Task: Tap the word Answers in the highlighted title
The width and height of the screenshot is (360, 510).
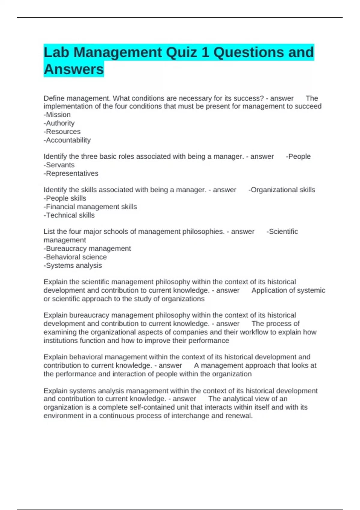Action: [74, 69]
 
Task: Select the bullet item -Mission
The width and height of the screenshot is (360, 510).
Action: [57, 115]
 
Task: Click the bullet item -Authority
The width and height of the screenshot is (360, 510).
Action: [59, 123]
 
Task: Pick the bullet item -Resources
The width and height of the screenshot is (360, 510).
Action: [62, 131]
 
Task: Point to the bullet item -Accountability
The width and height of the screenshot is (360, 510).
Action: [67, 140]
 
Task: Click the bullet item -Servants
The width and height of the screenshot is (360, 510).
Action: [59, 165]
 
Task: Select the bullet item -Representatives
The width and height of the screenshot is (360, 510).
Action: [71, 173]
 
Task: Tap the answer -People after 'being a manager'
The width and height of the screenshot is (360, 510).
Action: [298, 156]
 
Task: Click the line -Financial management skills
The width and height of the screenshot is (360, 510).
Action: [90, 207]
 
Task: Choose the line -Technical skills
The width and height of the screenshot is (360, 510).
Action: [69, 215]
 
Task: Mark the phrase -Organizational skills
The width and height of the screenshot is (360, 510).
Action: [282, 190]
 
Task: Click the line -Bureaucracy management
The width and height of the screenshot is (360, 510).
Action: [87, 248]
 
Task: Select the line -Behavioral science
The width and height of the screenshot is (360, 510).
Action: [75, 257]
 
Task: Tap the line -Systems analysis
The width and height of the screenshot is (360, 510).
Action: [73, 265]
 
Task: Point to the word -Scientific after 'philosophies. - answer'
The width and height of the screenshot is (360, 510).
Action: [282, 232]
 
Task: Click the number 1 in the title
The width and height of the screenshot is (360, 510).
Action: [205, 52]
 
